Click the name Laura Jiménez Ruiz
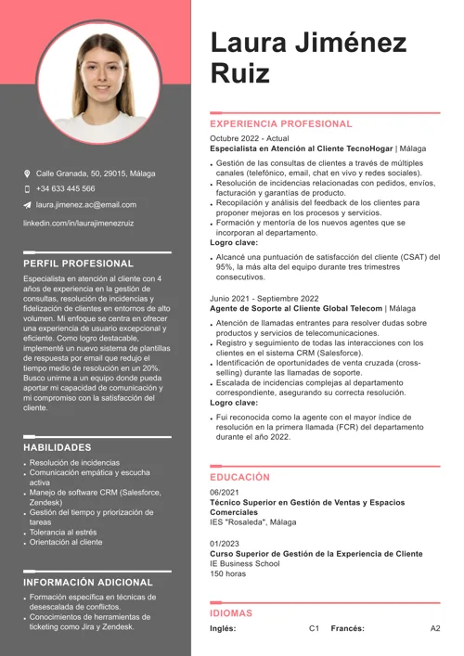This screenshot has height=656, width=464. pyautogui.click(x=308, y=58)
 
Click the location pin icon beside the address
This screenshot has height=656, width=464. pyautogui.click(x=27, y=174)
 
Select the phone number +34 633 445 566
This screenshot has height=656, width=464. pyautogui.click(x=65, y=188)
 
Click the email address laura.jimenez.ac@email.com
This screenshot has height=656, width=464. pyautogui.click(x=85, y=204)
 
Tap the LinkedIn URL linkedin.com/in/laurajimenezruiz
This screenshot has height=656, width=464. pyautogui.click(x=78, y=224)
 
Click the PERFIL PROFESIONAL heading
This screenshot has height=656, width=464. pyautogui.click(x=78, y=264)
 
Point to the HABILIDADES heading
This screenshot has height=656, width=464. pyautogui.click(x=63, y=447)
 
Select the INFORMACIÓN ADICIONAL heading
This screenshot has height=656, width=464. pyautogui.click(x=88, y=582)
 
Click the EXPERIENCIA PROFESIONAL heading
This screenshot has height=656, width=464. pyautogui.click(x=281, y=123)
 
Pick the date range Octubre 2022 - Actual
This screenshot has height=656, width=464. pyautogui.click(x=250, y=138)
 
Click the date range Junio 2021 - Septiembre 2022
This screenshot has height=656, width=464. pyautogui.click(x=264, y=299)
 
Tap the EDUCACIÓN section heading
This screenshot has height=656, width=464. pyautogui.click(x=239, y=477)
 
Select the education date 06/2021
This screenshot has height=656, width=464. pyautogui.click(x=225, y=492)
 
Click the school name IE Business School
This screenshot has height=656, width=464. pyautogui.click(x=244, y=563)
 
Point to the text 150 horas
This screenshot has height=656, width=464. pyautogui.click(x=228, y=573)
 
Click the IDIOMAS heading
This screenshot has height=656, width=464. pyautogui.click(x=231, y=613)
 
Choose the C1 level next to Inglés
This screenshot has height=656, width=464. pyautogui.click(x=314, y=628)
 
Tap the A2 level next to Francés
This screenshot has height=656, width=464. pyautogui.click(x=435, y=628)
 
